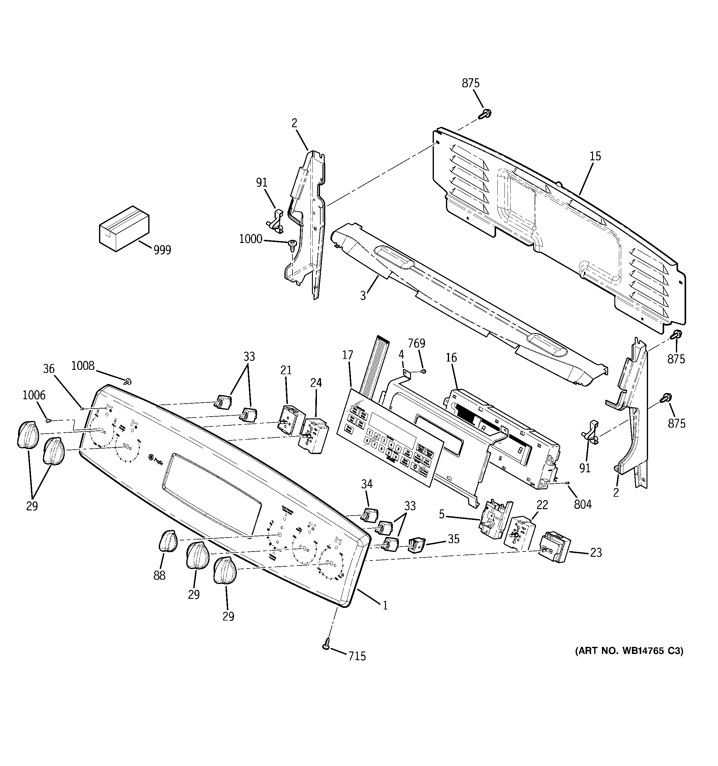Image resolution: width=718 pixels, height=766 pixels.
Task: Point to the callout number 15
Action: click(x=595, y=156)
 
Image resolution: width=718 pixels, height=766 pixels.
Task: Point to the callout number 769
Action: click(x=417, y=343)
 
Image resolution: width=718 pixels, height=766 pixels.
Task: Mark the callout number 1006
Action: click(x=34, y=395)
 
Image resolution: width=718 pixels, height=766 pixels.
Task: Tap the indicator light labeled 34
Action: click(x=370, y=514)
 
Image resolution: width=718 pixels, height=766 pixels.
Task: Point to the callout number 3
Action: click(x=363, y=296)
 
